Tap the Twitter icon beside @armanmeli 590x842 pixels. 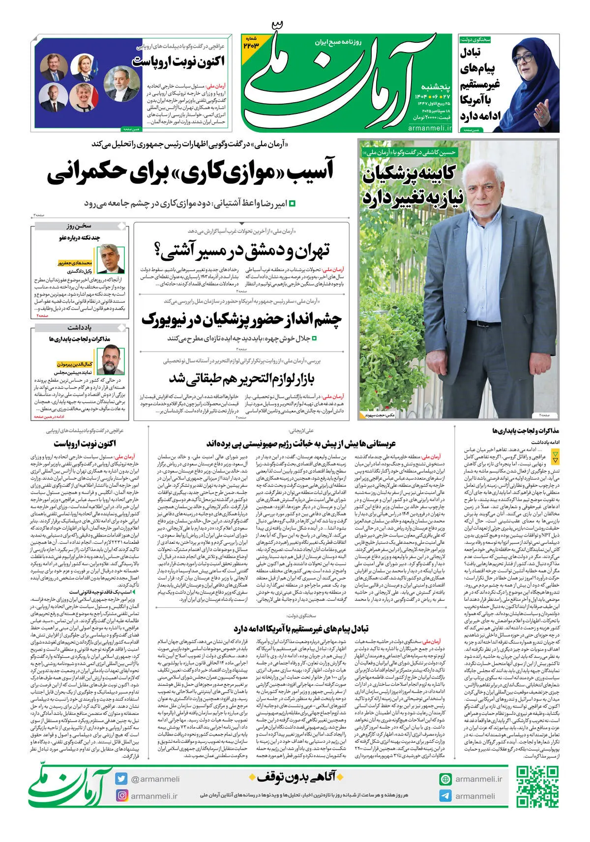(121, 779)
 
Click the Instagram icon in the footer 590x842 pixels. (121, 795)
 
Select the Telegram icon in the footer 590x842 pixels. (445, 796)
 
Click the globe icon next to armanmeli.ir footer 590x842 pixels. (445, 779)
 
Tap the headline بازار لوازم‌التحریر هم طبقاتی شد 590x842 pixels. (241, 379)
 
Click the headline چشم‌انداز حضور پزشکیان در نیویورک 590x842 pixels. (241, 319)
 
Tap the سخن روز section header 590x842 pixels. (79, 226)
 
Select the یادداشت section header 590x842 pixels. (79, 327)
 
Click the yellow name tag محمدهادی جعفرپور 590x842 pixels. (75, 263)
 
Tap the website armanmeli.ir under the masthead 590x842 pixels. (429, 128)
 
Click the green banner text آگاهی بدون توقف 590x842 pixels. (293, 777)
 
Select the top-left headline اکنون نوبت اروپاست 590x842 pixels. (178, 62)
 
